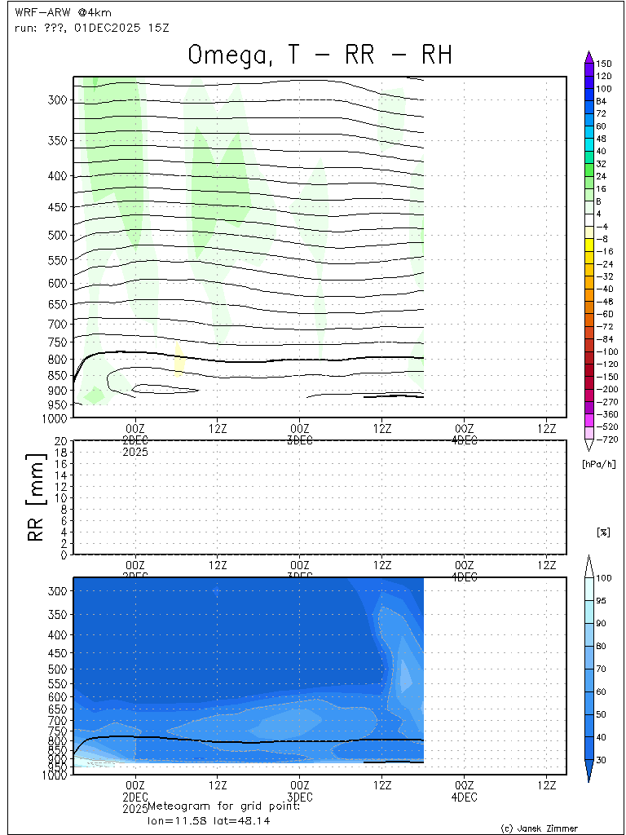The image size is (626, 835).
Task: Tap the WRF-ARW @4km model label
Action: [x=63, y=12]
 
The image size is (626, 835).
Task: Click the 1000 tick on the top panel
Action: [x=56, y=417]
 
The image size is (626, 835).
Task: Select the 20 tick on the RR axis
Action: [x=60, y=441]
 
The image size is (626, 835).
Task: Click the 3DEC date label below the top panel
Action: [x=300, y=440]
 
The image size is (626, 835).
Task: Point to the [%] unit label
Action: [x=603, y=532]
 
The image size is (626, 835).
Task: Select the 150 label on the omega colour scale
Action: [x=603, y=64]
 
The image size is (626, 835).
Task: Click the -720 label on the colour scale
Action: [x=604, y=439]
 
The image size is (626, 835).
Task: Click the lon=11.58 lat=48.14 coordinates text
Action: [x=203, y=820]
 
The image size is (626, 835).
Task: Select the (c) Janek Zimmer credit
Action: [x=539, y=828]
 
